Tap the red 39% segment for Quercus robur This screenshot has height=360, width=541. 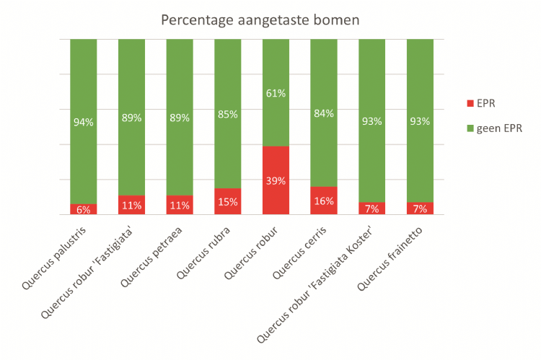(276, 180)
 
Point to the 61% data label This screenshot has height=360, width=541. (276, 93)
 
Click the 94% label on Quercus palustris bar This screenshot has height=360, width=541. (84, 122)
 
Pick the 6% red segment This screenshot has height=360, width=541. (84, 209)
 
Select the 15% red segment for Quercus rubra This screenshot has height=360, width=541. (228, 202)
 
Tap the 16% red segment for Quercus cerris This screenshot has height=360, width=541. (324, 201)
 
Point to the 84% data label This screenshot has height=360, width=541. (324, 113)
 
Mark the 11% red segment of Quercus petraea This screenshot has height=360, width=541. (180, 205)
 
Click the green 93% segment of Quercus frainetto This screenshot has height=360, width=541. (420, 121)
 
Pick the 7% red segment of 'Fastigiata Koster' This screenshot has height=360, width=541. (372, 208)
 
